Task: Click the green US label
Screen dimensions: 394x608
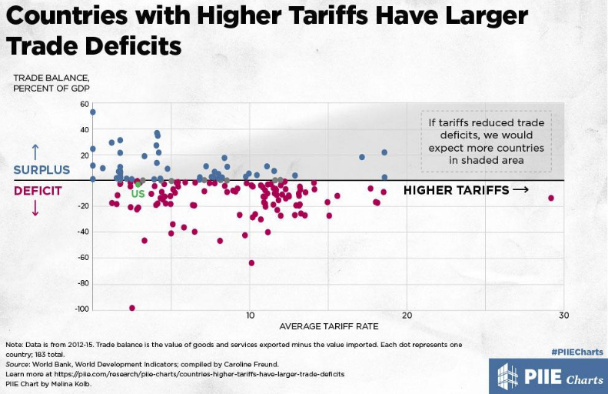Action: click(x=138, y=194)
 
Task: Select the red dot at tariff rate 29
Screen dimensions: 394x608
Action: click(x=551, y=199)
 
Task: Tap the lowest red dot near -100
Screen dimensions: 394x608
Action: click(x=132, y=308)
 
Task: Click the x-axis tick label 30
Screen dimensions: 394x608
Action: click(x=563, y=316)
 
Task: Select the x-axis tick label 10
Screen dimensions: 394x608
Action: click(x=249, y=316)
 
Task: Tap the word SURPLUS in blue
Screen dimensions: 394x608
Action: click(x=42, y=170)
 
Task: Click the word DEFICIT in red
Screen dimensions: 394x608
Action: click(x=38, y=191)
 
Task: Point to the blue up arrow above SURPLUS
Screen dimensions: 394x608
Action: click(x=35, y=151)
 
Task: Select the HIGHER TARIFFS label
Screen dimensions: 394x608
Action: click(x=465, y=191)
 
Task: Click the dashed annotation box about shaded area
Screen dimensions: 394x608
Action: click(x=486, y=142)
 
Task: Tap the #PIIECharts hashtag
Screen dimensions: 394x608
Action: click(x=576, y=352)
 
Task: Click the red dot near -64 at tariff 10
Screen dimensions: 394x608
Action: click(x=251, y=263)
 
